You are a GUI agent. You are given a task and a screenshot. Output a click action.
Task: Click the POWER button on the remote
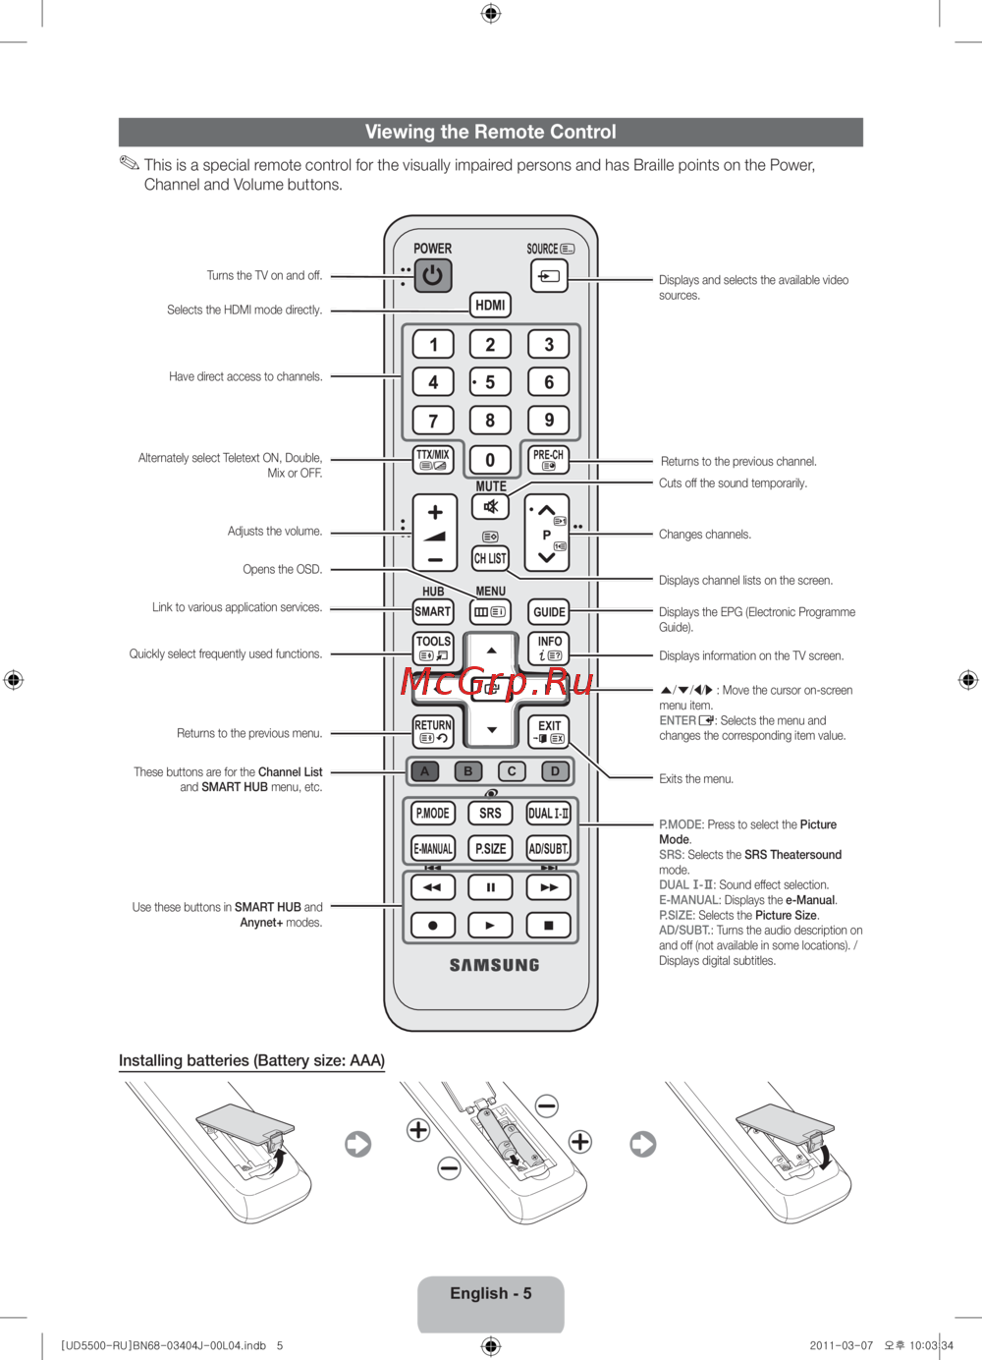[432, 275]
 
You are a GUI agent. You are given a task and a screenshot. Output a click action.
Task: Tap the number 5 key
[490, 382]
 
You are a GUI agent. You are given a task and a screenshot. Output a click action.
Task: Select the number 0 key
[490, 460]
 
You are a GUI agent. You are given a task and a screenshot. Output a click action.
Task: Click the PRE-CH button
[548, 459]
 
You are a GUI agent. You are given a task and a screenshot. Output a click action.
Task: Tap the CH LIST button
[490, 558]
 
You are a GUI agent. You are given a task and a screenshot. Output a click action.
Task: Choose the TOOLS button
[433, 647]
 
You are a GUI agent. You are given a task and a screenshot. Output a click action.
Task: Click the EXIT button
[549, 731]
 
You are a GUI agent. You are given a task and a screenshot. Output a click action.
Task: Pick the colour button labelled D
[555, 771]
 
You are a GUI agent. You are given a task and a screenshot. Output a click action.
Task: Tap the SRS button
[490, 814]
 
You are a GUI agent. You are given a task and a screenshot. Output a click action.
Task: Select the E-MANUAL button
[433, 848]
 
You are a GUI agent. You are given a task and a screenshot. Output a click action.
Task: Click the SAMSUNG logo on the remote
[494, 965]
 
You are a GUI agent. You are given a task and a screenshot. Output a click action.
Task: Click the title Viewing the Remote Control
[490, 132]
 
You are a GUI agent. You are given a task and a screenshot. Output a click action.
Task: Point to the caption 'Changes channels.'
[704, 535]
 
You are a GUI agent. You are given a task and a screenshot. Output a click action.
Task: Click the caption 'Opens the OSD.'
[283, 569]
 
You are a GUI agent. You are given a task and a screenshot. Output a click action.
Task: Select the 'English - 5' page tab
[490, 1294]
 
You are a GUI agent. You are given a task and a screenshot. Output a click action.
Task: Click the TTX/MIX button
[433, 459]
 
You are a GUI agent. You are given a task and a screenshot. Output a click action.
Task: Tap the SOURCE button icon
[549, 276]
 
